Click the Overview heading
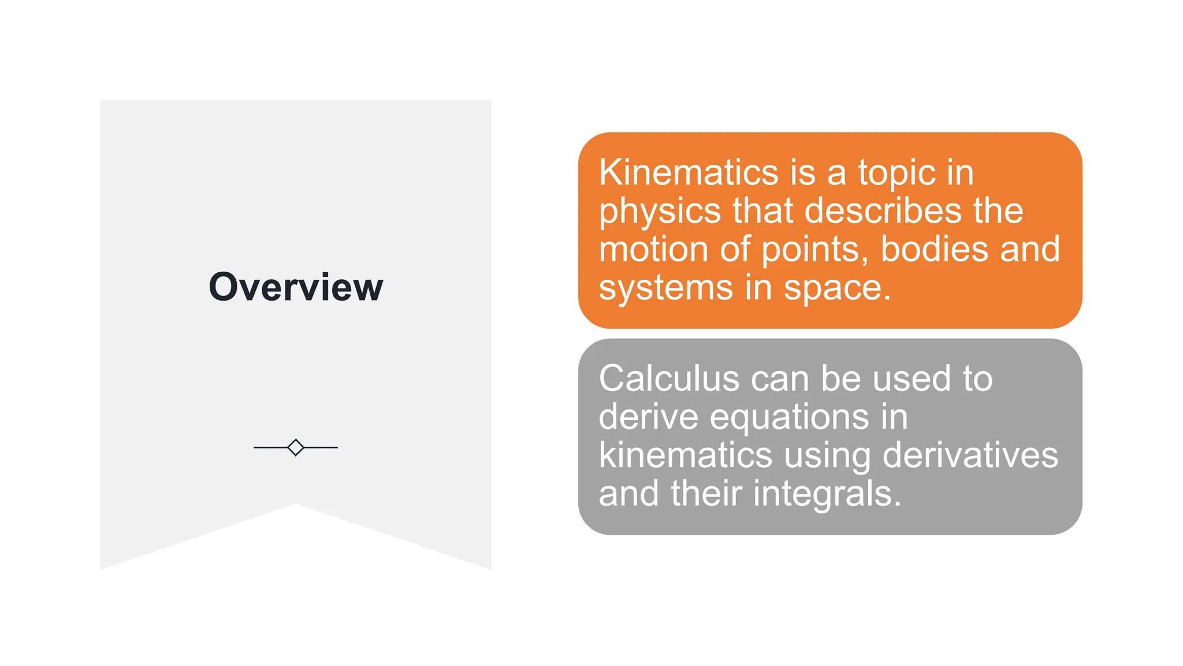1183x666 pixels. [296, 287]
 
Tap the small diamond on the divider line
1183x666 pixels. [296, 447]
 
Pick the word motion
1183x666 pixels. [653, 249]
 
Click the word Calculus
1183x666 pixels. [669, 379]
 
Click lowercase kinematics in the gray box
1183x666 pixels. [685, 455]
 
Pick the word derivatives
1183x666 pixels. [970, 455]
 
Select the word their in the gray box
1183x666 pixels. [706, 493]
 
